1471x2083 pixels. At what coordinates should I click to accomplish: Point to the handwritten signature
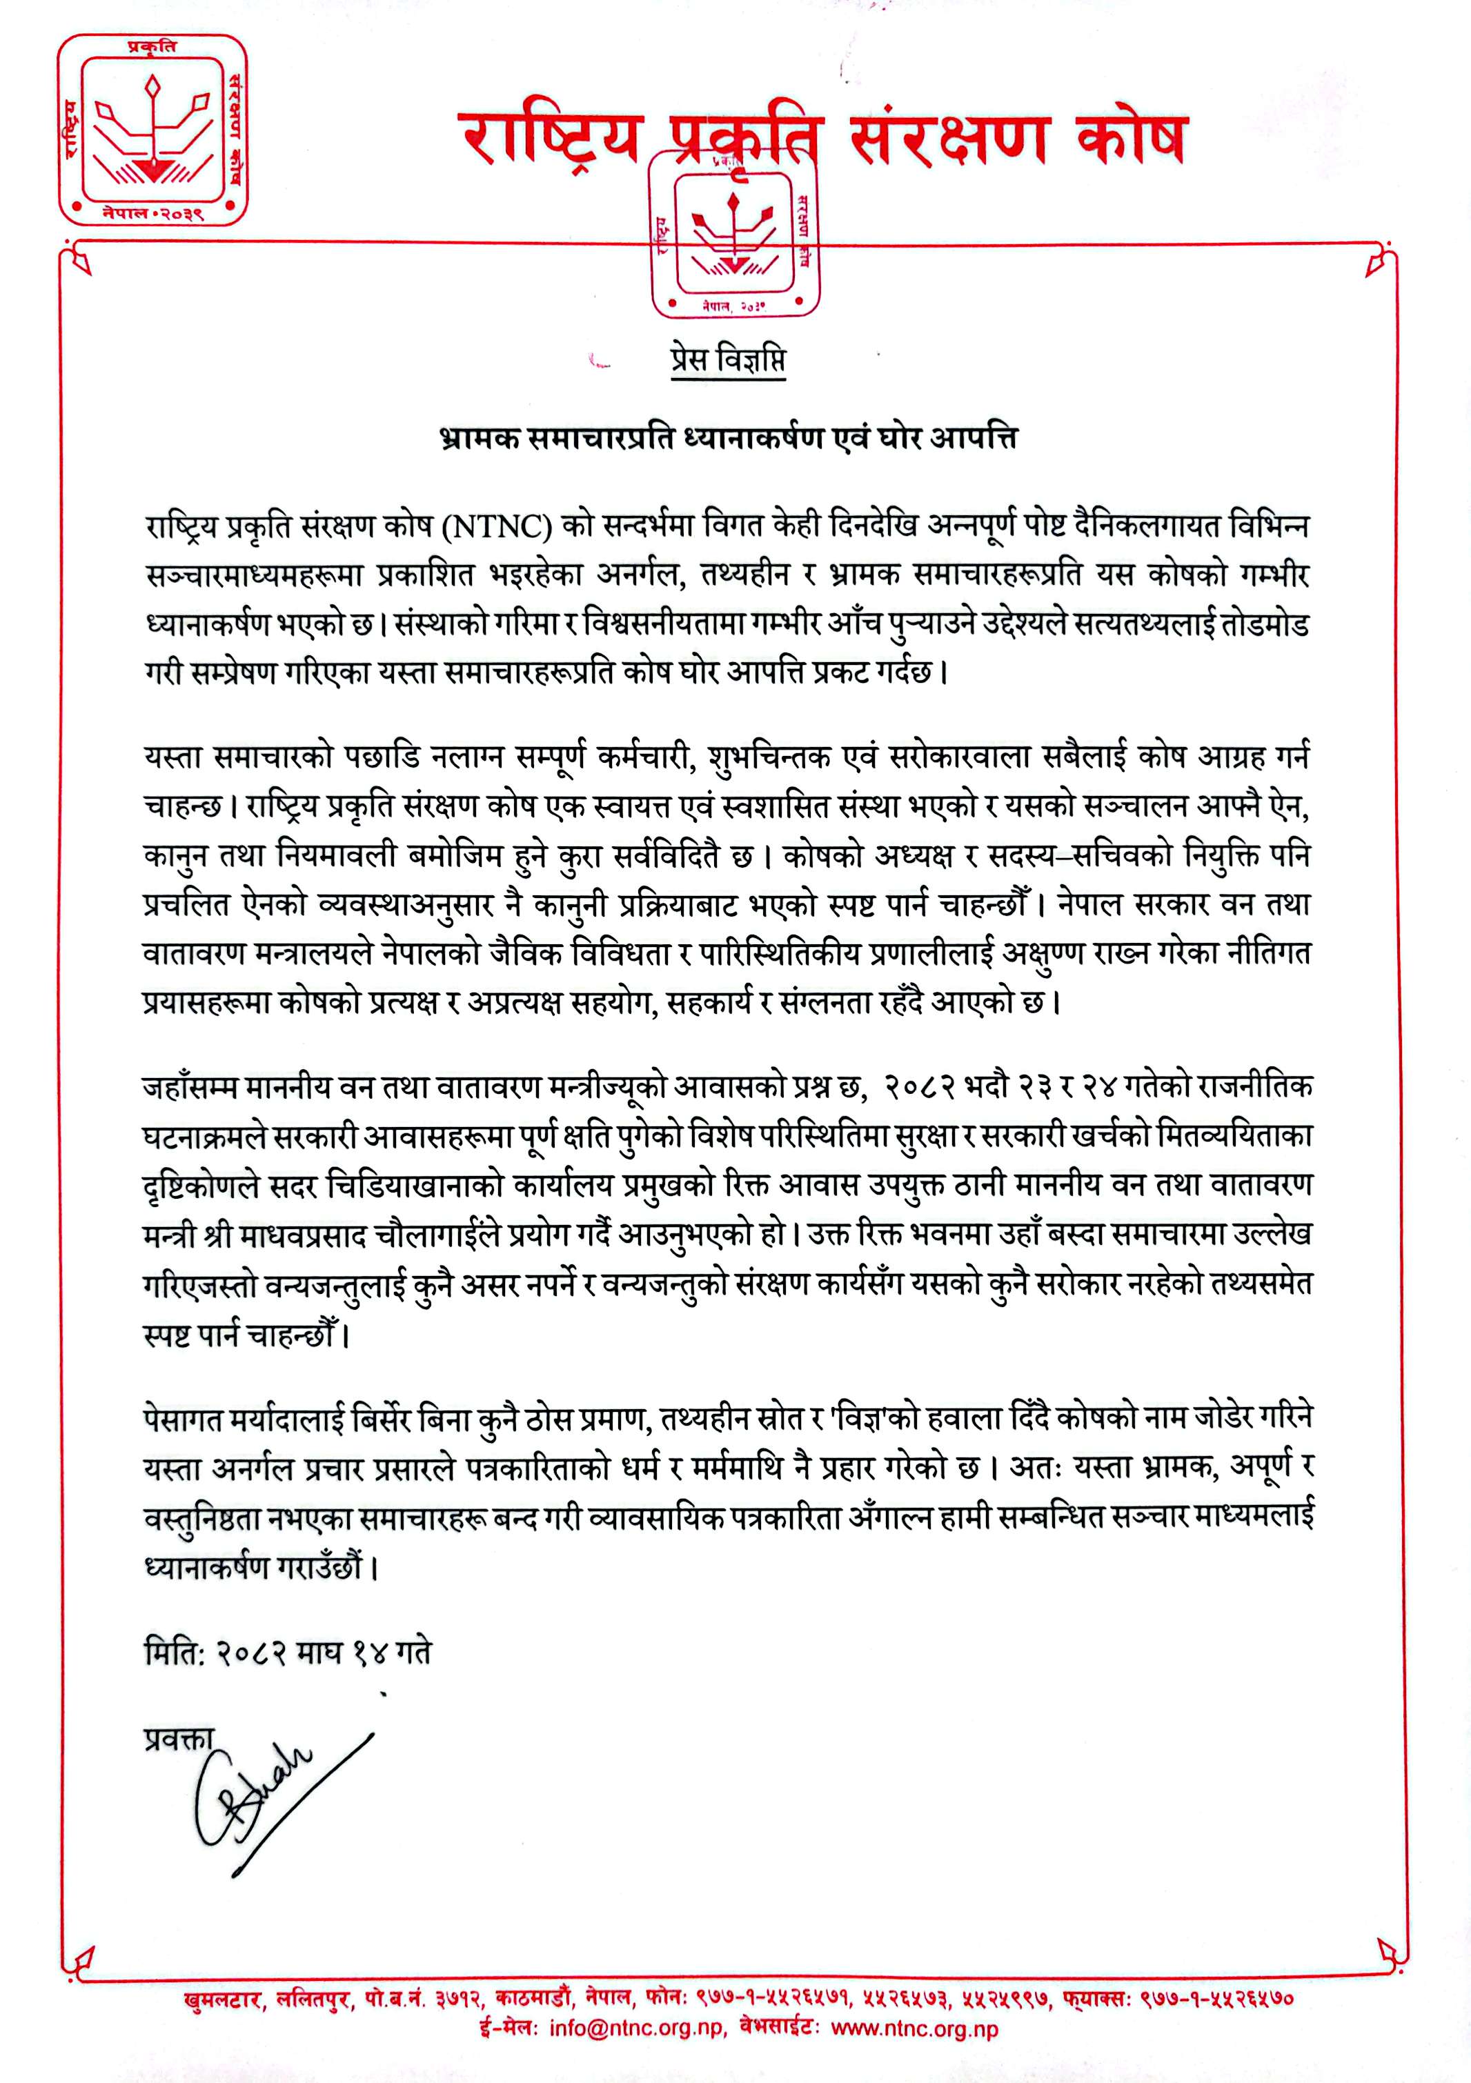coord(273,1796)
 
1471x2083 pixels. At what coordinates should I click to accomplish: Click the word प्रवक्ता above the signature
coord(178,1739)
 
